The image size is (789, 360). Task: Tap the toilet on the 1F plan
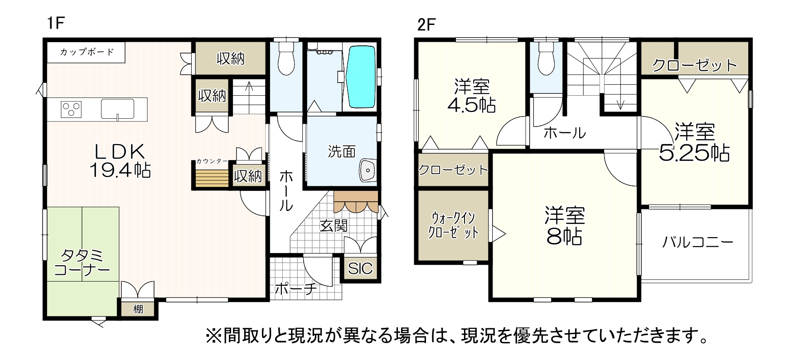286,58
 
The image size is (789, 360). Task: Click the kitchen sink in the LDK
117,109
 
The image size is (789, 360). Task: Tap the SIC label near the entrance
360,268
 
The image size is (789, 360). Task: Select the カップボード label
87,52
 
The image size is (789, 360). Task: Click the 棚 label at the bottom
138,309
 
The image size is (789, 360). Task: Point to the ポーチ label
295,289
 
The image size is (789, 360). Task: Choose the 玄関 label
334,225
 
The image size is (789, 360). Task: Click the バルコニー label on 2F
697,242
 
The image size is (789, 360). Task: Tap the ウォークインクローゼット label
453,225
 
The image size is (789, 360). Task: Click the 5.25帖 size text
694,154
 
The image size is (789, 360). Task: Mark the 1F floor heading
56,23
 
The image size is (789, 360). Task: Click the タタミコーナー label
82,263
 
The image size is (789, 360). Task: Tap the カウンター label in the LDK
212,161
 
